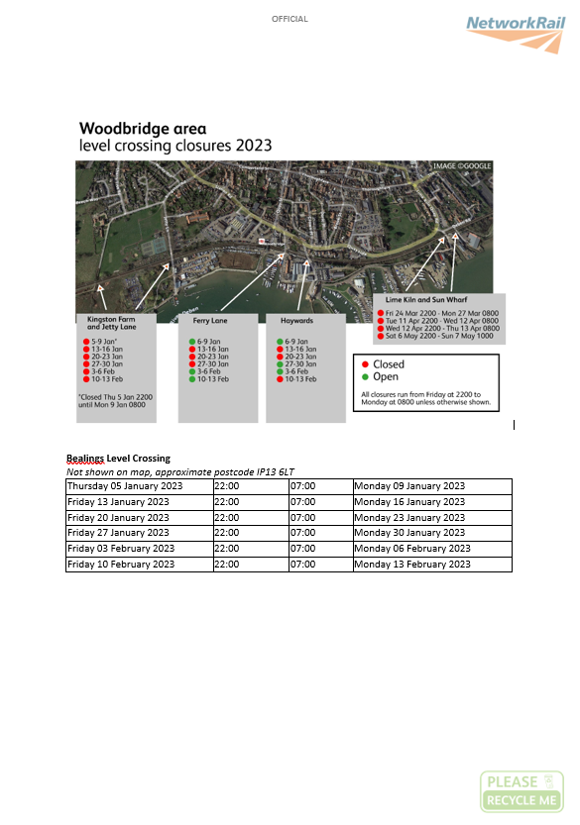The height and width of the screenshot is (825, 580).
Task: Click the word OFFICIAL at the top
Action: click(x=290, y=19)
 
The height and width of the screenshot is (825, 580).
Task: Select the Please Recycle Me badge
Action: click(x=522, y=791)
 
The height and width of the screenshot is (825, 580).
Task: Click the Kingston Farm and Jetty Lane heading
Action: click(x=116, y=323)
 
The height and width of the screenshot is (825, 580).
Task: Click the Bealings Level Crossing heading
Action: click(x=118, y=459)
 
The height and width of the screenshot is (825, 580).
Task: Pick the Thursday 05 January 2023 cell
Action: click(x=125, y=486)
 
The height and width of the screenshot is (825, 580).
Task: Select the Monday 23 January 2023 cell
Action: click(x=409, y=517)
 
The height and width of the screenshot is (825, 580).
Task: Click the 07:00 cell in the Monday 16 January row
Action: click(x=301, y=502)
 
